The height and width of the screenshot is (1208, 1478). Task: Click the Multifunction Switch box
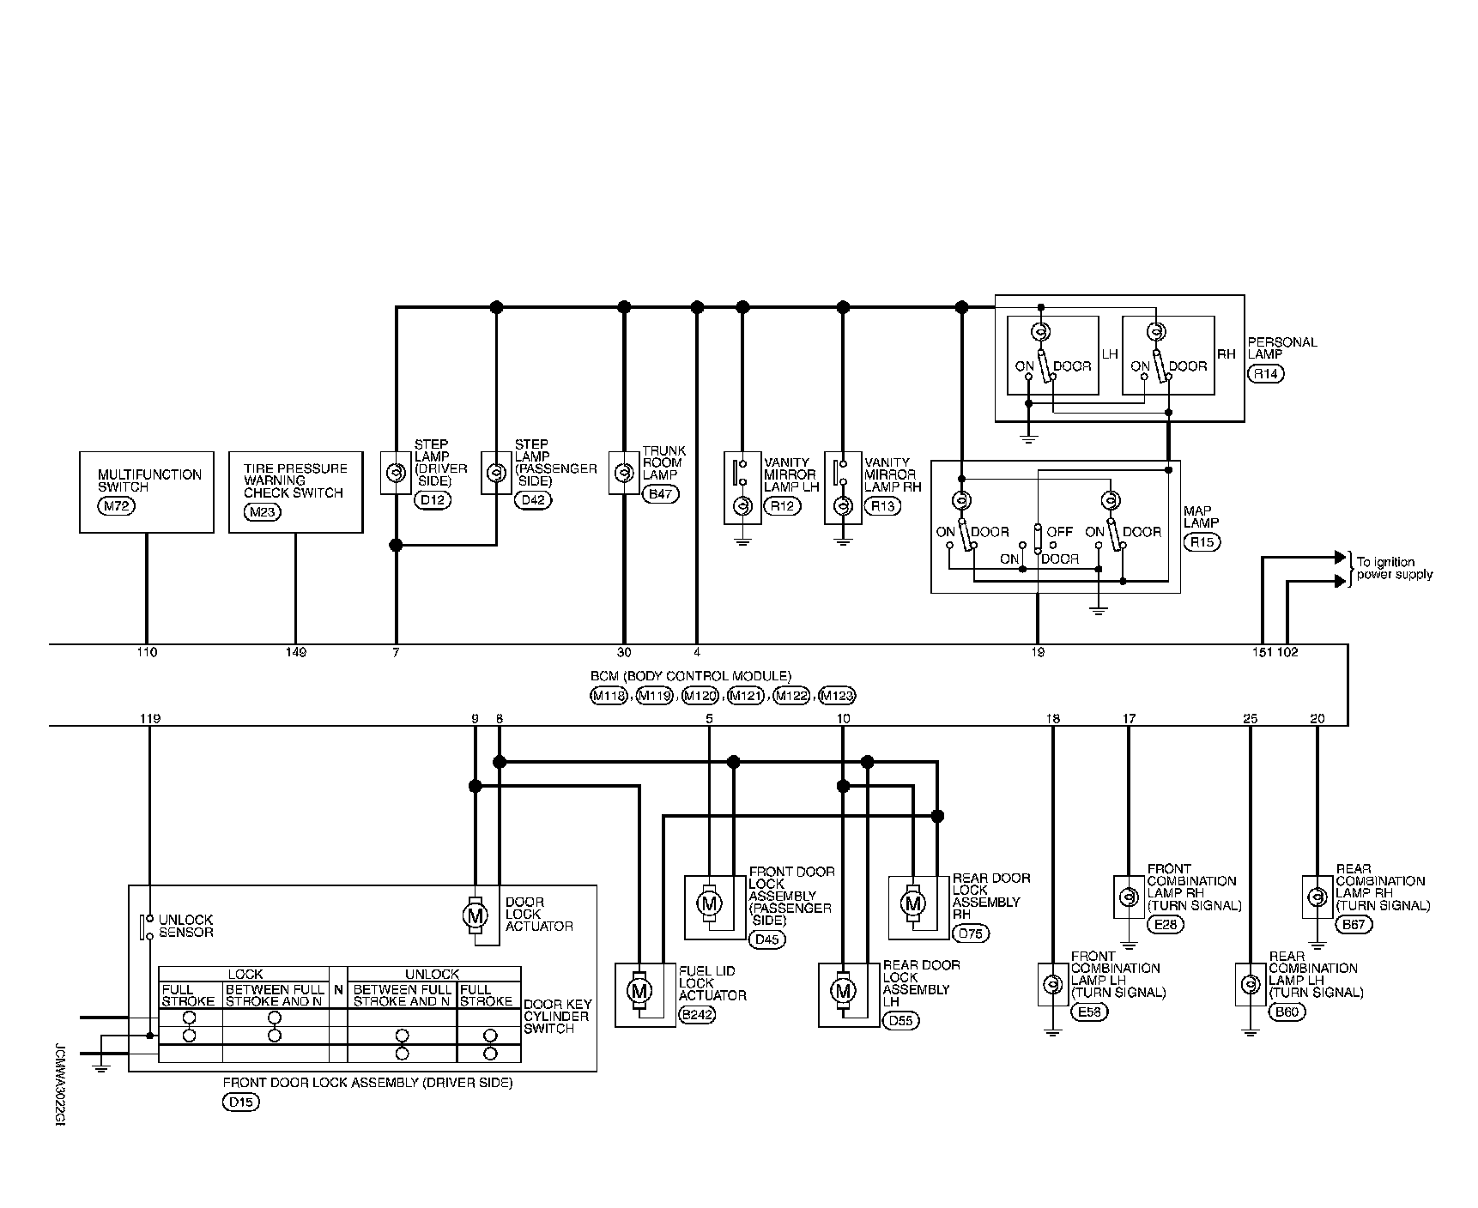point(146,492)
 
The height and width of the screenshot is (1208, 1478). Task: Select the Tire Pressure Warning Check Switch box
point(295,492)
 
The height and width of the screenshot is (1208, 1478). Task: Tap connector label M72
point(117,506)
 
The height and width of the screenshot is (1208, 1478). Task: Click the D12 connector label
point(432,500)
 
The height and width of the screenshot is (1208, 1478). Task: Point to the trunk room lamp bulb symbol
point(624,473)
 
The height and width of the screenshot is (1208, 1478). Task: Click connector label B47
point(660,494)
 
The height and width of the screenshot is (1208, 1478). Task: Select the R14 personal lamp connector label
point(1267,374)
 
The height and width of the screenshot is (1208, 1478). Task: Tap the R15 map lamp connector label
point(1202,542)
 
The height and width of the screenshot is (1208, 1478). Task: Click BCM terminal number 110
point(147,653)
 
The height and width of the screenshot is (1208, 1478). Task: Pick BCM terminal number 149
point(296,653)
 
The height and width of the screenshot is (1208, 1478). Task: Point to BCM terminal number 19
point(1038,653)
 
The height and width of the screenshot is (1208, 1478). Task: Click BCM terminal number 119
point(150,718)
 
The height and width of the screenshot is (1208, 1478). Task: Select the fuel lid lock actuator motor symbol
point(639,991)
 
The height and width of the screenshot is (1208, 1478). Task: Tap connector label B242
point(697,1014)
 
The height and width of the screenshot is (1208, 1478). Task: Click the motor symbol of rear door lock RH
point(912,903)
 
